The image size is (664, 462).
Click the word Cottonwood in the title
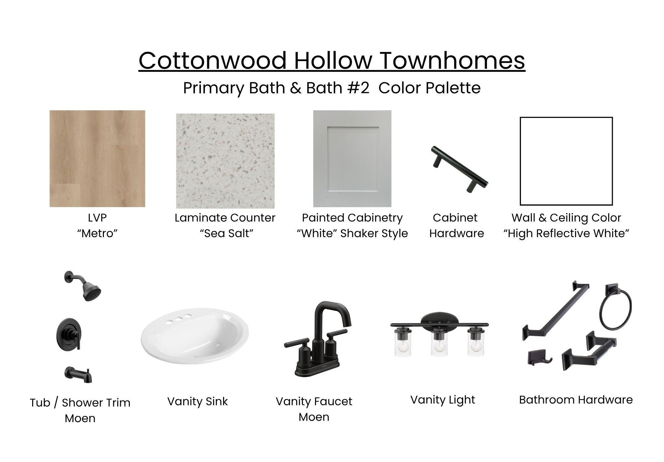pos(212,60)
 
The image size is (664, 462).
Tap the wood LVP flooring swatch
pos(97,158)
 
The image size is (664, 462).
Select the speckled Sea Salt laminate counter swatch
pos(225,161)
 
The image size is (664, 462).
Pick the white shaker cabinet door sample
pos(352,159)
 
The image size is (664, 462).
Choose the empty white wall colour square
pos(566,161)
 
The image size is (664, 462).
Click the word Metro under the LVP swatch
pos(97,233)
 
